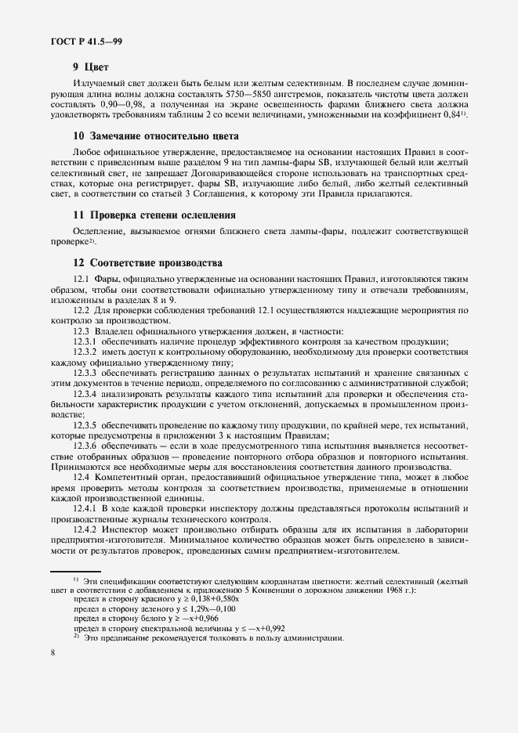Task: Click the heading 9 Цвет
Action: click(90, 67)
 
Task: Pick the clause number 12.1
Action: click(82, 280)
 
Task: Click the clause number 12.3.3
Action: click(85, 372)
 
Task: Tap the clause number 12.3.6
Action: click(85, 445)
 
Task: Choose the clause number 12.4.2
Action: click(85, 529)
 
